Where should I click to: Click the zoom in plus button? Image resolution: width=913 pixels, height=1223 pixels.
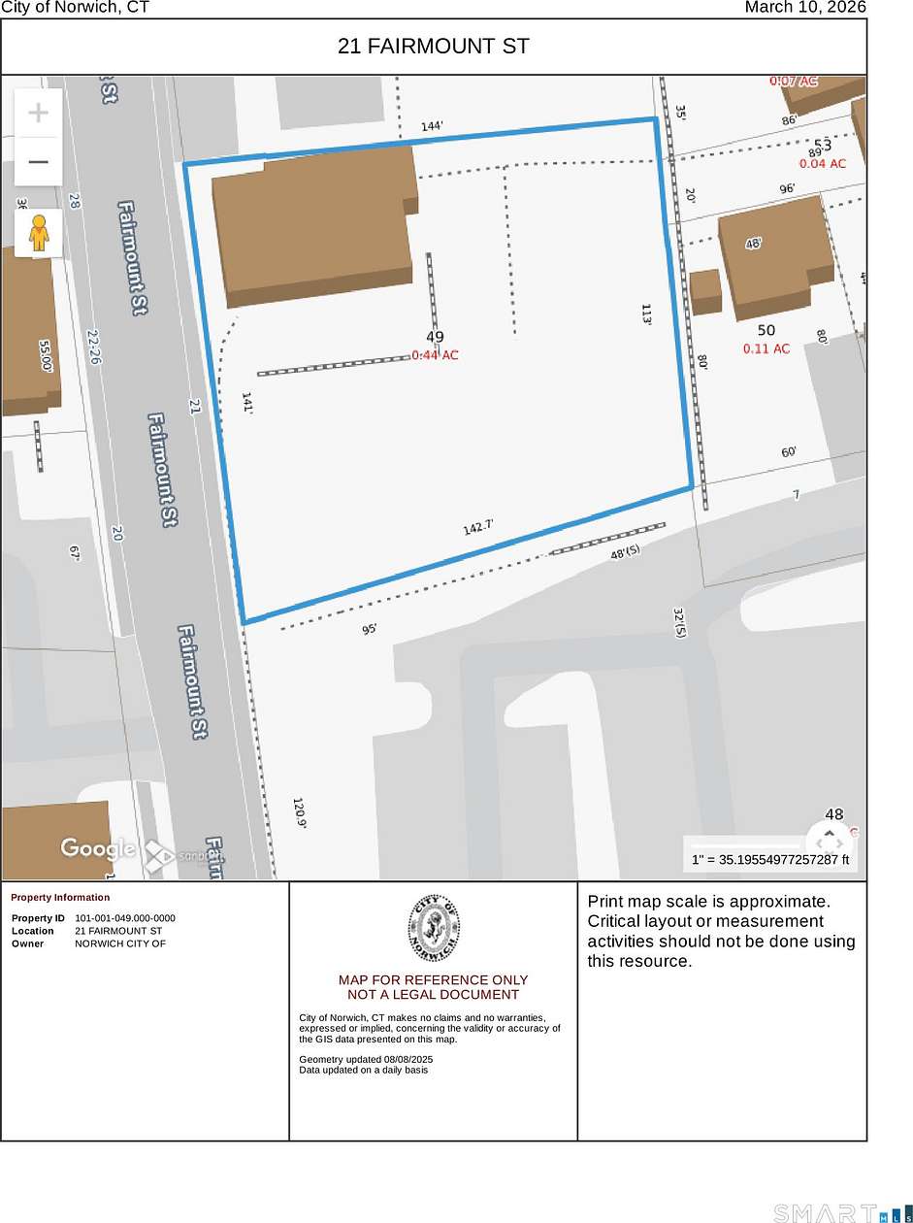tap(38, 114)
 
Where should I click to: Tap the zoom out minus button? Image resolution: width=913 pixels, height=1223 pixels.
tap(38, 161)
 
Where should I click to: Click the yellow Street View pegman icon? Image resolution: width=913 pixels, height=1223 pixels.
tap(39, 234)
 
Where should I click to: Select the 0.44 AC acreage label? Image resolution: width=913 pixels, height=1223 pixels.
tap(435, 355)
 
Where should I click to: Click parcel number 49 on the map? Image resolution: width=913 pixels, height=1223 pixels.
tap(435, 338)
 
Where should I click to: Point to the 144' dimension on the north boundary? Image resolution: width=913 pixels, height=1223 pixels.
tap(432, 126)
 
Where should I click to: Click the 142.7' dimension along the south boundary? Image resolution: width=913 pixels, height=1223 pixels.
tap(478, 527)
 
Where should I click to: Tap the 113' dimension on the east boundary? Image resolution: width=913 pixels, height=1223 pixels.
tap(647, 314)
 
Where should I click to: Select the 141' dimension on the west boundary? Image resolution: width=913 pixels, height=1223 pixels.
tap(246, 404)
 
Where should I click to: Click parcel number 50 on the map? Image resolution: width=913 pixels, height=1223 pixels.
tap(766, 331)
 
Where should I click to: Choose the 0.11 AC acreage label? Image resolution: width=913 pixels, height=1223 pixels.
tap(766, 348)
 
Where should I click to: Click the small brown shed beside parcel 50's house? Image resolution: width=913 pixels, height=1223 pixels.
tap(705, 290)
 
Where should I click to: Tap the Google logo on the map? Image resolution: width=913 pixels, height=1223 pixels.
tap(98, 848)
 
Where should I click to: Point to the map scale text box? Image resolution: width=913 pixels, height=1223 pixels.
tap(770, 860)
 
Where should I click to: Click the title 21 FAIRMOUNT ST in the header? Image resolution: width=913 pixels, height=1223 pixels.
tap(434, 46)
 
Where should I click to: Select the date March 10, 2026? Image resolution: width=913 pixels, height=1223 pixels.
tap(804, 8)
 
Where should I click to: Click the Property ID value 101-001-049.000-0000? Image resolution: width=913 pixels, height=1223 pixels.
tap(125, 918)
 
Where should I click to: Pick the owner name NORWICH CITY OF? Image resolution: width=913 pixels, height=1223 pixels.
tap(120, 943)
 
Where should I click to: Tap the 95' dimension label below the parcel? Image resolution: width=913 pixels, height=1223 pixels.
tap(370, 629)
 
